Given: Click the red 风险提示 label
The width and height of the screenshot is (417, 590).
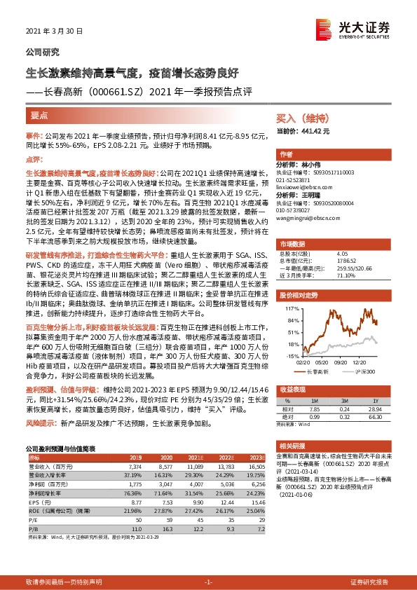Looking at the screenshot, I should tap(41, 424).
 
